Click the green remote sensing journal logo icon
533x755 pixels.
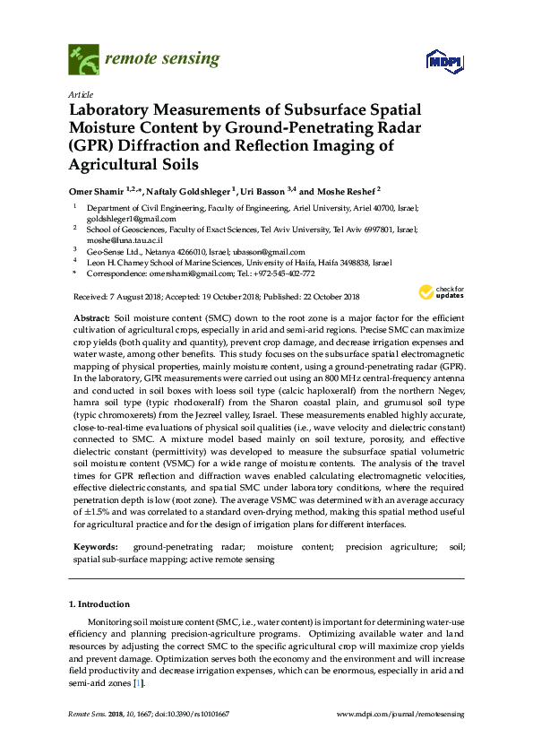click(84, 60)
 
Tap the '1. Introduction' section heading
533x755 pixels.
click(100, 605)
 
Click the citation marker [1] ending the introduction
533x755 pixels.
click(137, 683)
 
